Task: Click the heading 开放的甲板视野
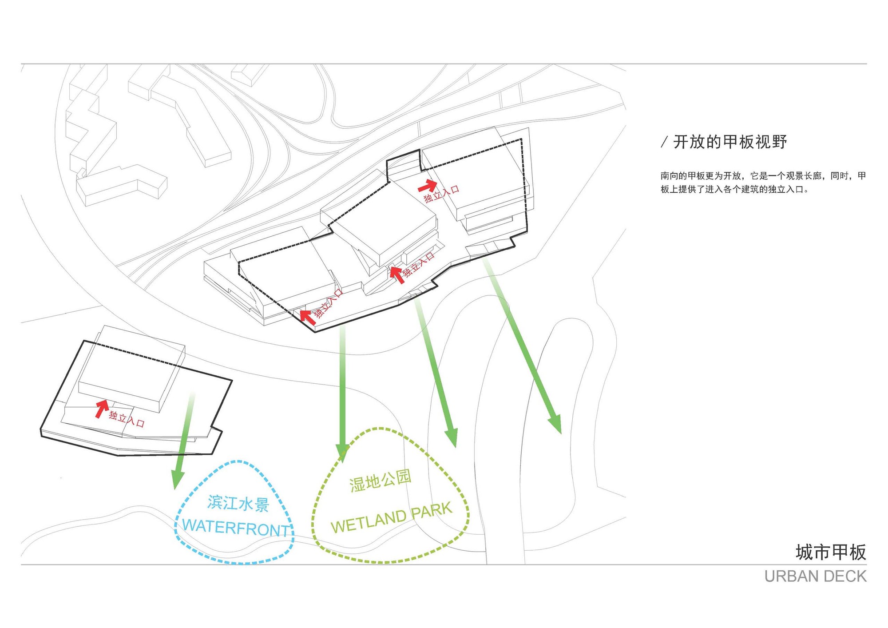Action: [730, 142]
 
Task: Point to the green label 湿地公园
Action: [380, 481]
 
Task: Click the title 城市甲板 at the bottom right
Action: [831, 552]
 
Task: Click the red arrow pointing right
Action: [428, 185]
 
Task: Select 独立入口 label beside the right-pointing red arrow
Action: [441, 195]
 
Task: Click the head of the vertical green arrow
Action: [342, 453]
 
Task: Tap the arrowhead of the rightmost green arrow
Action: [556, 424]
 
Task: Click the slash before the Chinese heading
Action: [664, 142]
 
